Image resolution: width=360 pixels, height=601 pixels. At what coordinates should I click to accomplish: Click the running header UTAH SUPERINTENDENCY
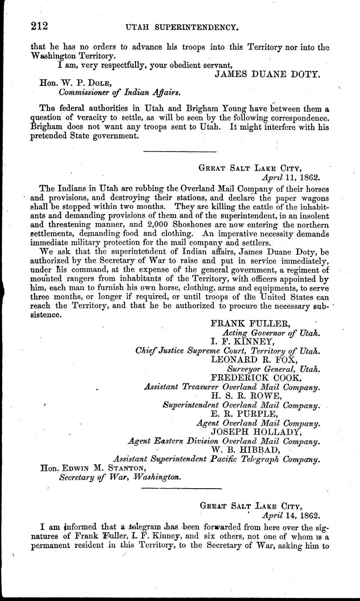(x=181, y=27)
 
